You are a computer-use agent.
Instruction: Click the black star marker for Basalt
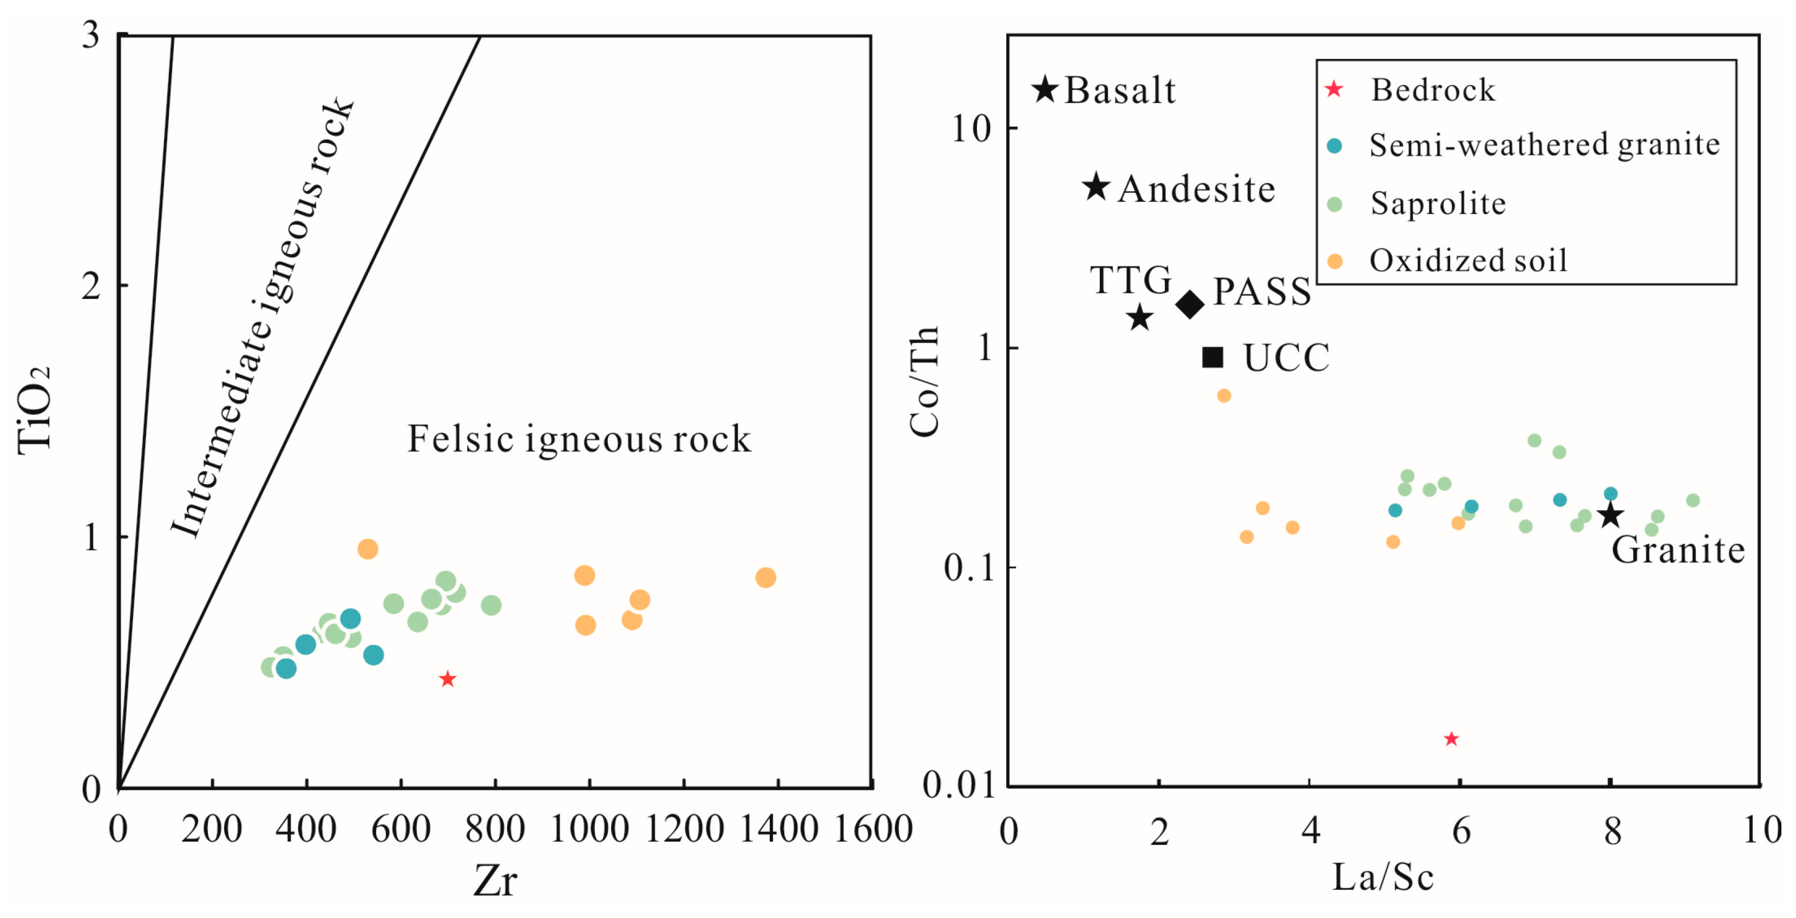pyautogui.click(x=1045, y=89)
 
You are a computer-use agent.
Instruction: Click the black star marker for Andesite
pyautogui.click(x=1096, y=186)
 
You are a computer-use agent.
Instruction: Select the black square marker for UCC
pyautogui.click(x=1212, y=357)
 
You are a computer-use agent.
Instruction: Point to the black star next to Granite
pyautogui.click(x=1610, y=516)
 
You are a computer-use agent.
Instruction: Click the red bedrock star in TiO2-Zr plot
pyautogui.click(x=448, y=679)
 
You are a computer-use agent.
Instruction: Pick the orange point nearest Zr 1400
pyautogui.click(x=765, y=577)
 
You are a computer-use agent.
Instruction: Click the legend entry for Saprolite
pyautogui.click(x=1437, y=204)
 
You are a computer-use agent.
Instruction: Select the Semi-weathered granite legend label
pyautogui.click(x=1544, y=145)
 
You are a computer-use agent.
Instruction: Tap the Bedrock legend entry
pyautogui.click(x=1432, y=89)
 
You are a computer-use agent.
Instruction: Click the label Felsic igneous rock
pyautogui.click(x=579, y=439)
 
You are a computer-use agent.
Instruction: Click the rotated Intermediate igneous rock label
pyautogui.click(x=264, y=317)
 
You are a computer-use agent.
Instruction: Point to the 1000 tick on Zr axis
pyautogui.click(x=589, y=829)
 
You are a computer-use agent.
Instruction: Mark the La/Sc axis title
pyautogui.click(x=1382, y=877)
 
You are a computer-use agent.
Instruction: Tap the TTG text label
pyautogui.click(x=1130, y=281)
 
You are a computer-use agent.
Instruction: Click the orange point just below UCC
pyautogui.click(x=1224, y=395)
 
